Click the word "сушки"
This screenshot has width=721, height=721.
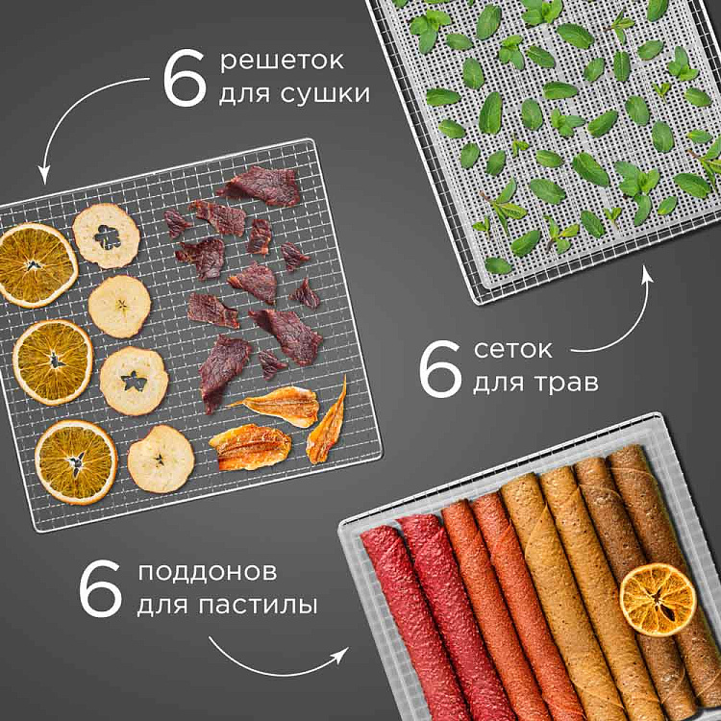(x=325, y=94)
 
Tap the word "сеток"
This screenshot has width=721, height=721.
(x=512, y=350)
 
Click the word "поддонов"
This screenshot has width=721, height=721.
(x=208, y=573)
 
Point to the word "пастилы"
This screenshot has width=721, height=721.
(x=258, y=605)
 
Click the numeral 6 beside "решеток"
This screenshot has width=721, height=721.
(x=185, y=78)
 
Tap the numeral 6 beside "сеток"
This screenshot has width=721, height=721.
(x=440, y=369)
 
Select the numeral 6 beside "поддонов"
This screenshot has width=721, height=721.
(x=100, y=589)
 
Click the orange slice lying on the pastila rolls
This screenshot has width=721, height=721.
(x=658, y=600)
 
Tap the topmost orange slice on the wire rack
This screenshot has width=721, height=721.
(x=37, y=265)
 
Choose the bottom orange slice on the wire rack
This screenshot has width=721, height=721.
(x=76, y=462)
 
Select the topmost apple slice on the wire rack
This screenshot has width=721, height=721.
(x=106, y=236)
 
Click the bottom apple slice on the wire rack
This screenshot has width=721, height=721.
(x=161, y=459)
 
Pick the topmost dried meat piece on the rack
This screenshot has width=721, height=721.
(x=262, y=186)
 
